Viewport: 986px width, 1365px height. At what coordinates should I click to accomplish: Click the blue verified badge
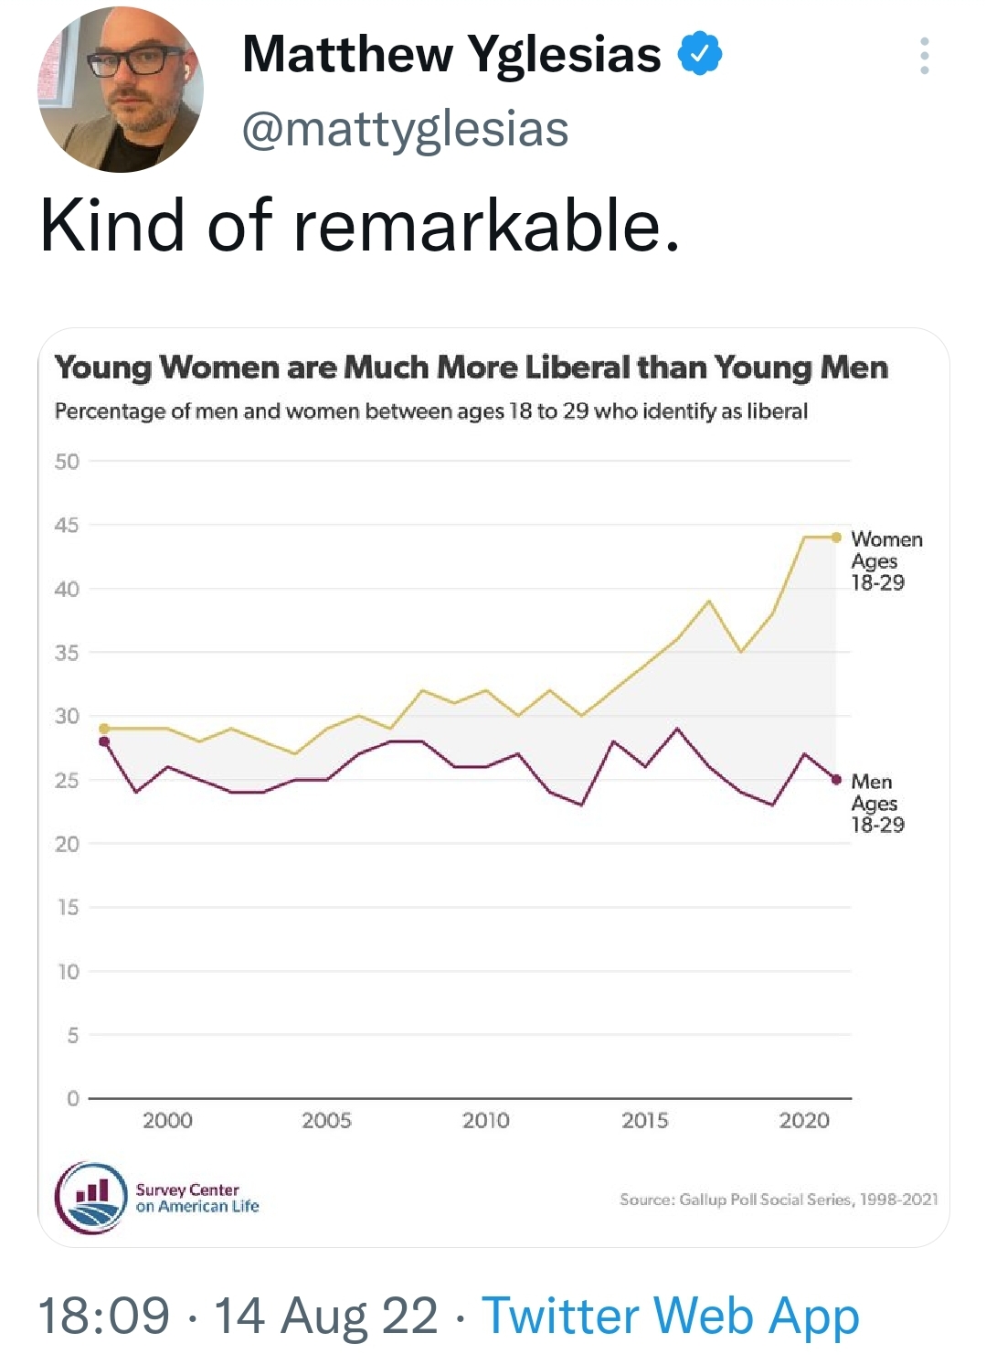[699, 54]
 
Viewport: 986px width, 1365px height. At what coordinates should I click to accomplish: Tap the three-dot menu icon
[925, 56]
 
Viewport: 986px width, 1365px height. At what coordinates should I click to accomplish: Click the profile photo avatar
[121, 90]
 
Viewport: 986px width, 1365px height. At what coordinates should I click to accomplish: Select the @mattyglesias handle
[405, 129]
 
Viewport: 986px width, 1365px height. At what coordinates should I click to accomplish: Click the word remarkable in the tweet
[486, 225]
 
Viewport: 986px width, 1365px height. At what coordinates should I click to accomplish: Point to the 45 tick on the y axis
[67, 526]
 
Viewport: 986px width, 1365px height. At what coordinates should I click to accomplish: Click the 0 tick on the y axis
[73, 1098]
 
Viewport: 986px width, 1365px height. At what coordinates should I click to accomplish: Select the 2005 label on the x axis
[326, 1120]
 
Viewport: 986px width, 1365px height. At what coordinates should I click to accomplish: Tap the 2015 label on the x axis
[645, 1120]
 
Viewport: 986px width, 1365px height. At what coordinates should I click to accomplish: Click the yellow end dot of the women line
[836, 538]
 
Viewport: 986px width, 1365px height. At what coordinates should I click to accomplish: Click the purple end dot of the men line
[836, 780]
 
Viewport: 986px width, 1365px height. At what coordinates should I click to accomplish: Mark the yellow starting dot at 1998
[104, 729]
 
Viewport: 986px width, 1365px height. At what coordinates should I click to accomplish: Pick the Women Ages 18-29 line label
[885, 560]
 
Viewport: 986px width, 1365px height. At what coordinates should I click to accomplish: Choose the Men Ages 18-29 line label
[877, 803]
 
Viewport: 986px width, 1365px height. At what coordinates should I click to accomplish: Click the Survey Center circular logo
[91, 1199]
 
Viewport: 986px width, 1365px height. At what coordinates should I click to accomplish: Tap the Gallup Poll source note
[779, 1200]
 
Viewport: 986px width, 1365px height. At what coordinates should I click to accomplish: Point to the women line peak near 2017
[709, 601]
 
